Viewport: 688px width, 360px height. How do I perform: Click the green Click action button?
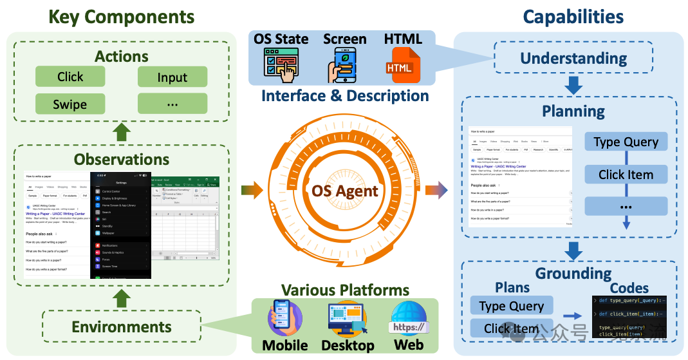[x=70, y=77]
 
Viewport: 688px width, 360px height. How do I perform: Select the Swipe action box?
[x=70, y=104]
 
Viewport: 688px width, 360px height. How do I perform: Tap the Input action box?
[x=172, y=77]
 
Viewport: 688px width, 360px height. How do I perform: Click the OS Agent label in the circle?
[x=345, y=191]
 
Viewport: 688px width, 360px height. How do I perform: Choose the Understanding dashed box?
[x=573, y=58]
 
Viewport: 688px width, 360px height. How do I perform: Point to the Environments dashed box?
[x=122, y=327]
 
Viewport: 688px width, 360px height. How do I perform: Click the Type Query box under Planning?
[x=626, y=142]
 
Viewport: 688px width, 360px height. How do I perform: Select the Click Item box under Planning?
[x=626, y=175]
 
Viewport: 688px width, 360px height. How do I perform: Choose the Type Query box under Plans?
[x=512, y=306]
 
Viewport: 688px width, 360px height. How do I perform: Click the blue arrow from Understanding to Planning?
[x=573, y=84]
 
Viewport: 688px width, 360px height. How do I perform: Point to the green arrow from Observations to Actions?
[x=122, y=133]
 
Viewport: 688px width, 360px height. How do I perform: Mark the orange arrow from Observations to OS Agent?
[x=253, y=190]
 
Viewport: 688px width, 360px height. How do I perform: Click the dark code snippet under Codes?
[x=629, y=317]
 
